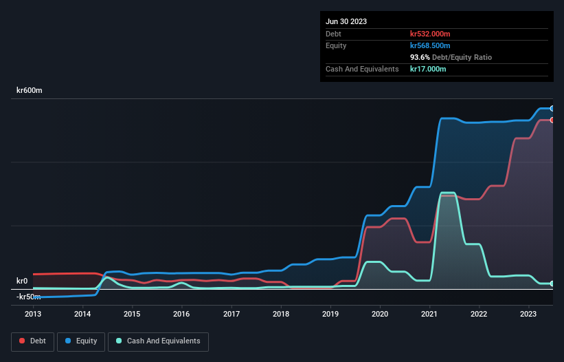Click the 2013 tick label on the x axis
pyautogui.click(x=33, y=315)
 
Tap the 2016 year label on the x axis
pyautogui.click(x=181, y=315)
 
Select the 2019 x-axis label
pyautogui.click(x=330, y=315)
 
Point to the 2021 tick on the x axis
pyautogui.click(x=429, y=315)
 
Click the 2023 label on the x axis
pyautogui.click(x=528, y=315)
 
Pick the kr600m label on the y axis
pyautogui.click(x=30, y=91)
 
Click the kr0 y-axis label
pyautogui.click(x=23, y=281)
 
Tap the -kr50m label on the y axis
pyautogui.click(x=29, y=297)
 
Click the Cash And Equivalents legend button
pyautogui.click(x=157, y=341)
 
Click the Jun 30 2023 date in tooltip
pyautogui.click(x=346, y=21)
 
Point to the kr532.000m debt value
pyautogui.click(x=430, y=34)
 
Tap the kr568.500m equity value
pyautogui.click(x=430, y=45)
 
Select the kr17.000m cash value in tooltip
pyautogui.click(x=428, y=69)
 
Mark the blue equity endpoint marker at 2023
pyautogui.click(x=552, y=109)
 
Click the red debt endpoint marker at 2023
pyautogui.click(x=552, y=120)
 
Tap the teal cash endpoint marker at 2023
pyautogui.click(x=552, y=284)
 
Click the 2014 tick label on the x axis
pyautogui.click(x=82, y=315)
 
